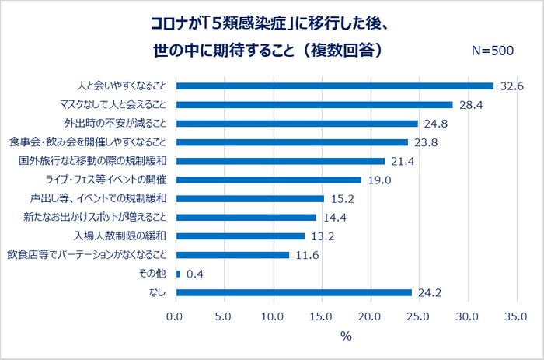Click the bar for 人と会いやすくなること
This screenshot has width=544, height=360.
click(x=335, y=86)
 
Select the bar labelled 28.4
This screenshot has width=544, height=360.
click(x=314, y=105)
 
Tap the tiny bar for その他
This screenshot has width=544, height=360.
click(x=178, y=274)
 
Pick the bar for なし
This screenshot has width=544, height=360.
click(x=294, y=292)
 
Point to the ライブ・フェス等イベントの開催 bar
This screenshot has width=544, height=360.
click(x=269, y=180)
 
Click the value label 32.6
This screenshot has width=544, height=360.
click(x=511, y=86)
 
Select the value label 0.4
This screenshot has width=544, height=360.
click(x=195, y=274)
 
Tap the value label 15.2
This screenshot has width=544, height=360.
click(x=343, y=199)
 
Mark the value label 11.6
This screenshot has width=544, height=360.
click(x=308, y=256)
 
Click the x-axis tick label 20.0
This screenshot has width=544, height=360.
click(x=369, y=316)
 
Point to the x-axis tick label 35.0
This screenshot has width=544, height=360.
click(x=516, y=316)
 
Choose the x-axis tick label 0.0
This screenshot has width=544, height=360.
click(x=174, y=316)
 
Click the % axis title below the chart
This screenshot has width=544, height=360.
click(x=347, y=336)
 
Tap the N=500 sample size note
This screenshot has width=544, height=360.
click(x=493, y=51)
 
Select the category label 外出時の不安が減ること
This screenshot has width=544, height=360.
click(x=115, y=124)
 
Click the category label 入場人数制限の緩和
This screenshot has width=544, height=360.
click(x=120, y=236)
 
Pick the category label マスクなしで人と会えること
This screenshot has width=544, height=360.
click(x=113, y=104)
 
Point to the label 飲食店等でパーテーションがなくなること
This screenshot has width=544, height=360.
click(x=87, y=255)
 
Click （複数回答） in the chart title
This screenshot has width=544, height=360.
click(x=343, y=51)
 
